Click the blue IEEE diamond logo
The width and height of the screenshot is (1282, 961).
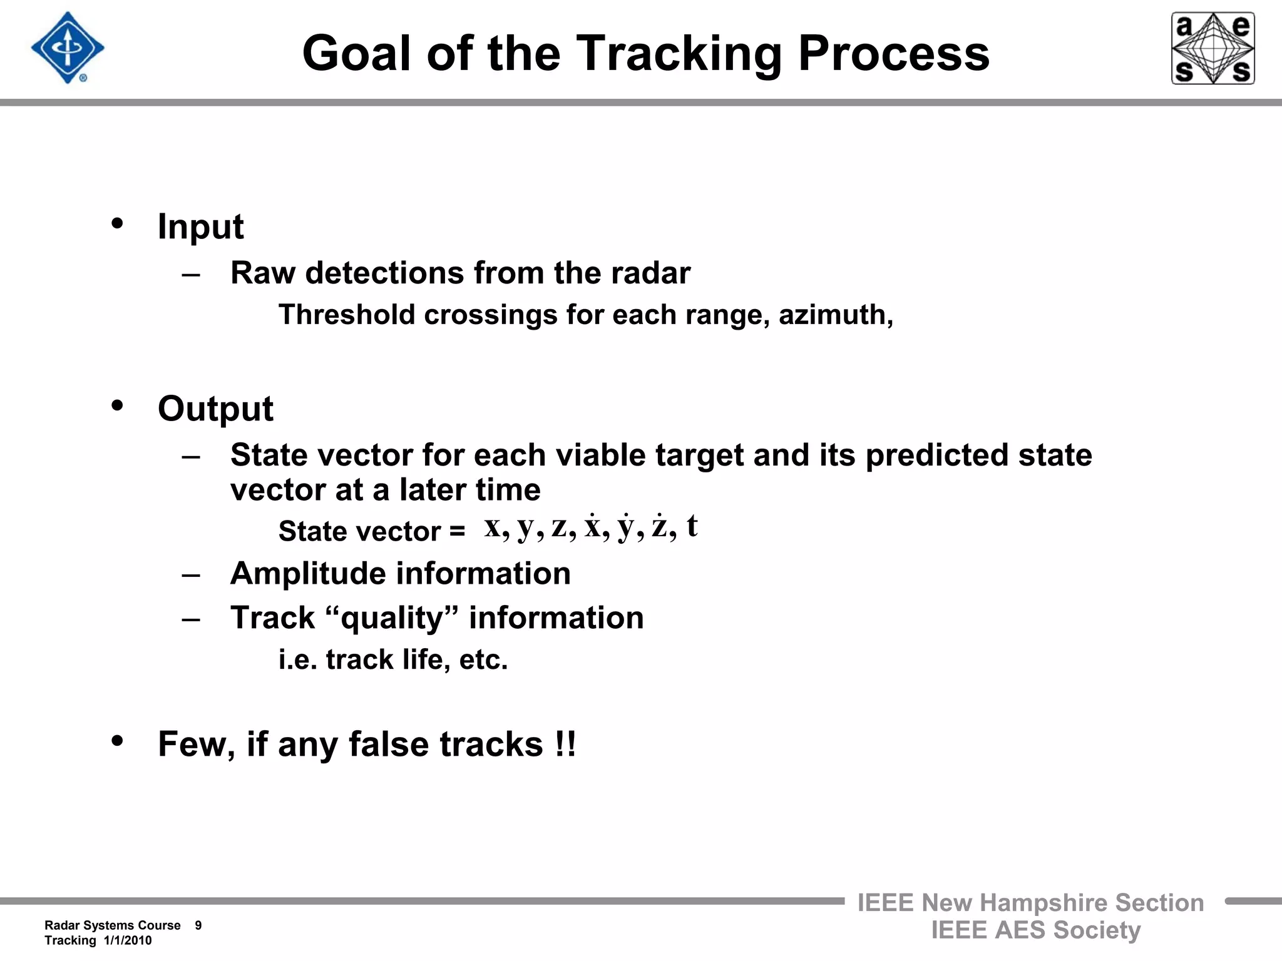pos(68,48)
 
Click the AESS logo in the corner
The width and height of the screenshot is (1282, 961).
pos(1213,48)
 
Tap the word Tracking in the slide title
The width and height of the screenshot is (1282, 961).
pos(679,53)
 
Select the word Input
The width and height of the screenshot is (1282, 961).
pos(200,226)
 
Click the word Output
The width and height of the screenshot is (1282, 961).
pos(215,409)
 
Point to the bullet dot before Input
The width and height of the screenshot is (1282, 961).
pos(117,223)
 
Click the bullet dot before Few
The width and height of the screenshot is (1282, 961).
pos(117,741)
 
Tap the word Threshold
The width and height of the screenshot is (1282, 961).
pos(347,315)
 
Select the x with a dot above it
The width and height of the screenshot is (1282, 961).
pos(593,527)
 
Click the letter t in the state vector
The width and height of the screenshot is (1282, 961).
pos(692,526)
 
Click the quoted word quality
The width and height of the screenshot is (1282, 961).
pos(392,618)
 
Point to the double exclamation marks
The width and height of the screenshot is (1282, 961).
pos(565,744)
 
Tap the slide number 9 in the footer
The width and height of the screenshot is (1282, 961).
pos(198,925)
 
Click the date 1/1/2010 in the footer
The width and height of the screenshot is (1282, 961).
pos(128,940)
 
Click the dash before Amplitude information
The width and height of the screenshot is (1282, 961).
pos(191,574)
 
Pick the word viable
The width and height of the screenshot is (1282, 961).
pos(600,455)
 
